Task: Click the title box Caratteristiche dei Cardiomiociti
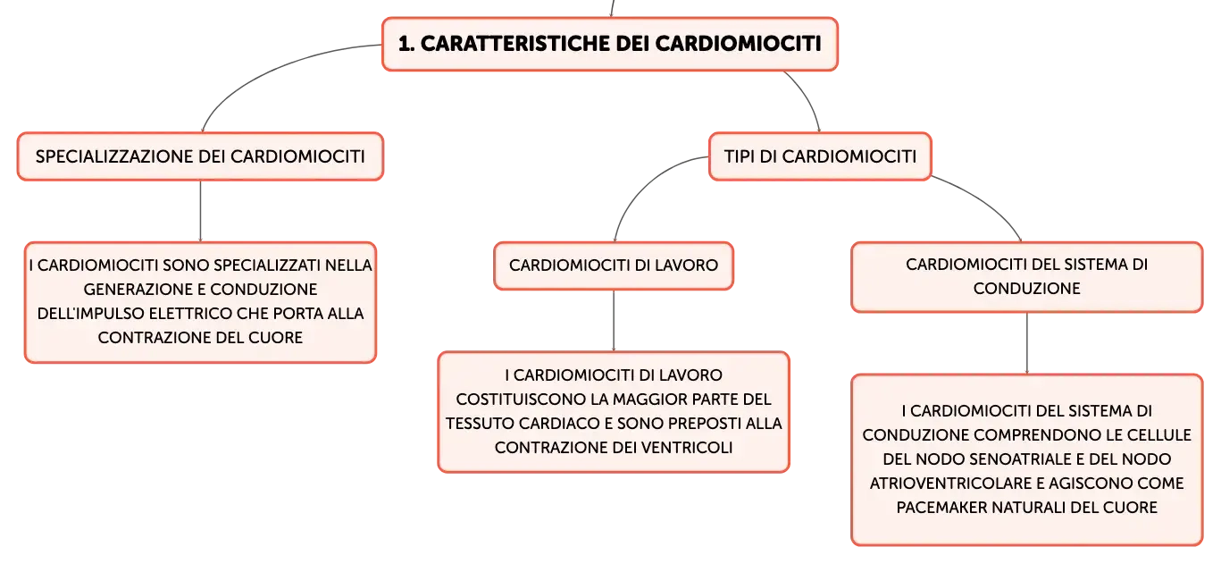click(610, 44)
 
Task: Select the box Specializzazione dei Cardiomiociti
click(201, 156)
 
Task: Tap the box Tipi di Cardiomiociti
click(820, 156)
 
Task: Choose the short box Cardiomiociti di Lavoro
click(614, 265)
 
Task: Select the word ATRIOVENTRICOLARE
click(949, 484)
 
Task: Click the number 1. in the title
click(406, 44)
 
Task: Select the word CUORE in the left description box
click(275, 338)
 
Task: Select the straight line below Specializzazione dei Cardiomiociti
click(201, 211)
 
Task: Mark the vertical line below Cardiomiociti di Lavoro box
click(614, 321)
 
